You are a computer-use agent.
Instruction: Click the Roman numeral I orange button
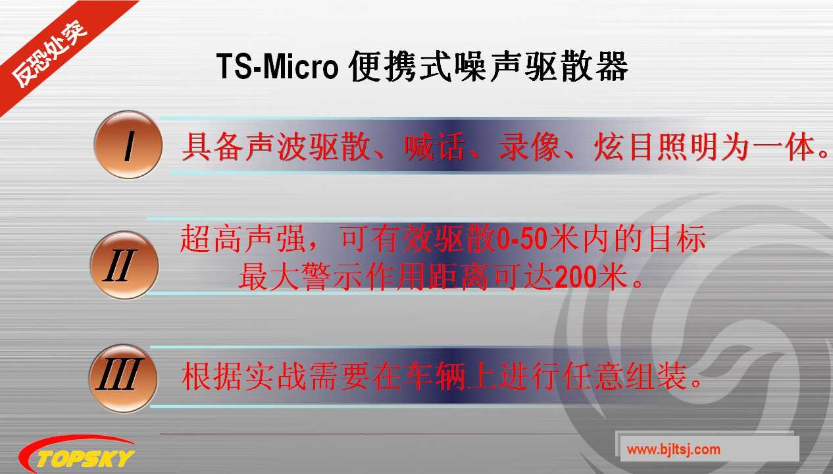point(128,145)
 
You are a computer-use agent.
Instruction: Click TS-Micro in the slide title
point(276,66)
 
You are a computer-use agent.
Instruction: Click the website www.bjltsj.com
point(673,450)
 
